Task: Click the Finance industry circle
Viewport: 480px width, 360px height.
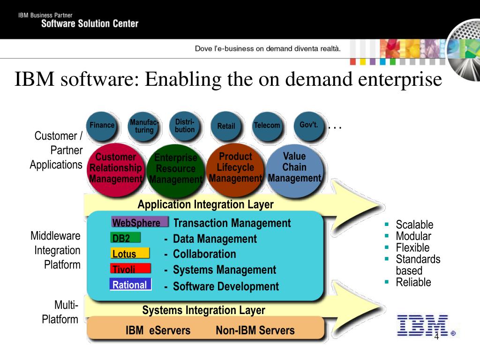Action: (102, 126)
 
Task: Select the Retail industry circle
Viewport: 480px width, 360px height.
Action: (226, 126)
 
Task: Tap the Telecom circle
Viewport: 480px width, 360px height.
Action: (267, 126)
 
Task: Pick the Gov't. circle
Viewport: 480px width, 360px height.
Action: (308, 125)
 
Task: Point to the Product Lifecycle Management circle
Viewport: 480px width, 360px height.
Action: (235, 168)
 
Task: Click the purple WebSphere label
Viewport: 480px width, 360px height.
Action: (139, 222)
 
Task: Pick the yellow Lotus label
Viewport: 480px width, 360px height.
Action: (130, 254)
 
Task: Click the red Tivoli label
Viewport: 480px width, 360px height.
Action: (130, 269)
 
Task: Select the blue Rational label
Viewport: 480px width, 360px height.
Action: (130, 285)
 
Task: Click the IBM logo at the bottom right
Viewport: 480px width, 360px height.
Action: (422, 325)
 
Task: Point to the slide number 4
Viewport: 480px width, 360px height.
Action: (436, 338)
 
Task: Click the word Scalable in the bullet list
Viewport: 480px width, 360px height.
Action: (414, 225)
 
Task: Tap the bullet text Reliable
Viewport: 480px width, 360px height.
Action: (413, 282)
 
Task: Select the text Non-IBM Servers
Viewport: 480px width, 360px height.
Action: (255, 330)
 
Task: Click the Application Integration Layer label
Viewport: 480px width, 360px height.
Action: (205, 205)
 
